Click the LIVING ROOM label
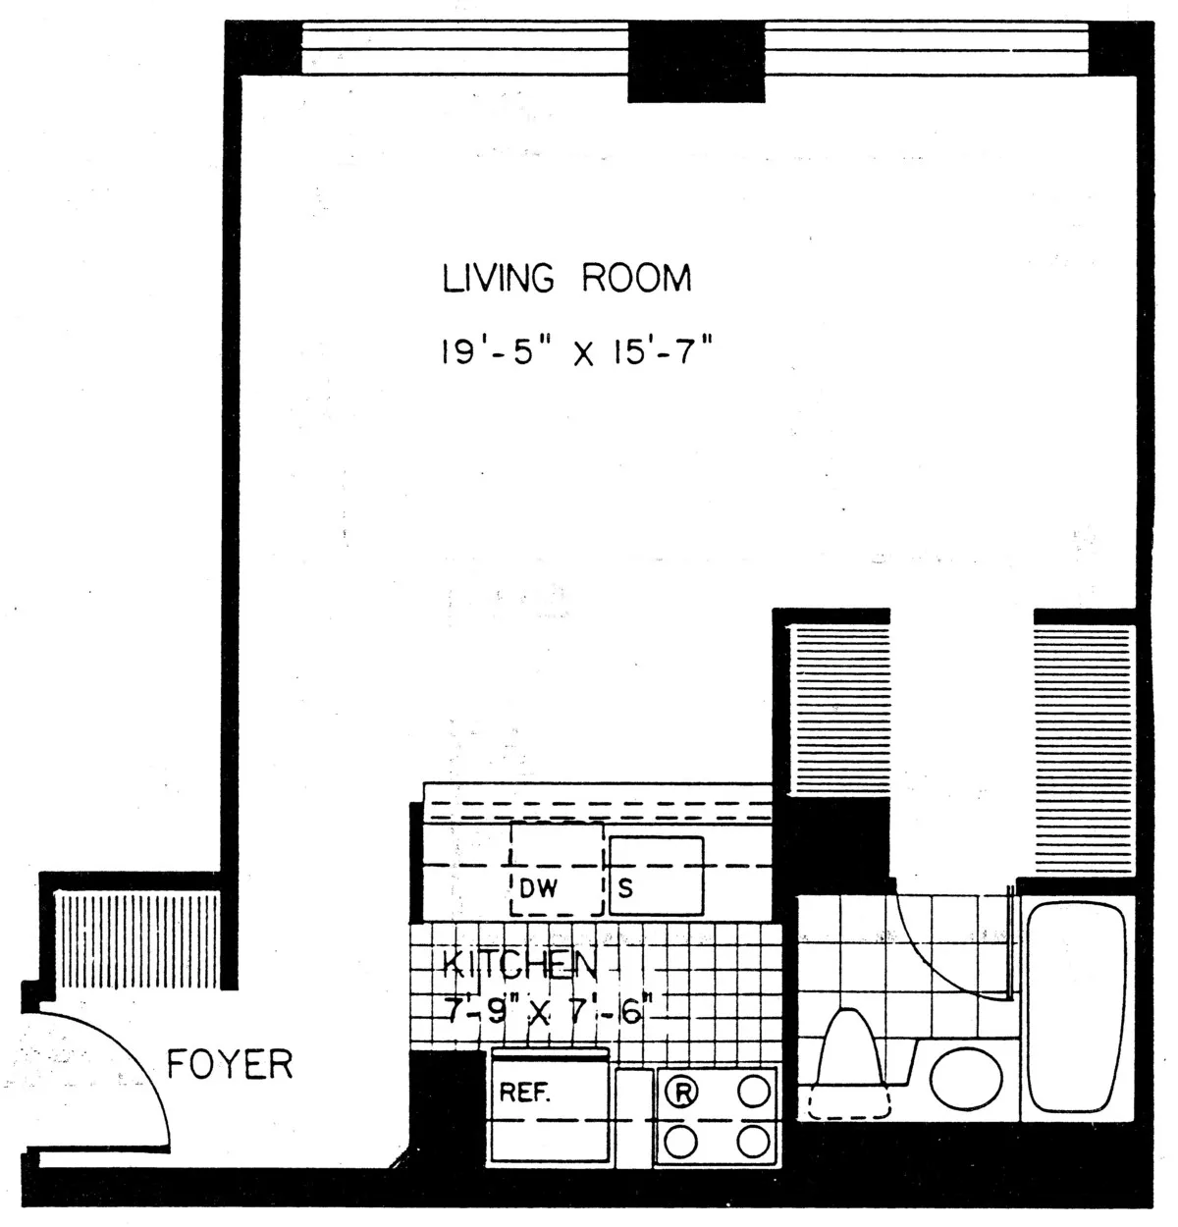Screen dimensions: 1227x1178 click(x=566, y=278)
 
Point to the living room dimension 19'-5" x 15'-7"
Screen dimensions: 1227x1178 click(x=574, y=350)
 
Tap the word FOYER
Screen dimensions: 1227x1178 click(x=230, y=1064)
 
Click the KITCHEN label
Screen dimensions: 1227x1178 click(x=519, y=964)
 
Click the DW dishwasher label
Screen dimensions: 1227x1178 click(x=538, y=889)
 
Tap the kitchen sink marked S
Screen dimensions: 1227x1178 click(x=656, y=874)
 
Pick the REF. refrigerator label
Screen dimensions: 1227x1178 click(x=525, y=1093)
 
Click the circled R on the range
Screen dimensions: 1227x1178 click(x=683, y=1091)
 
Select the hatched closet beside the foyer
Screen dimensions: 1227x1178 click(x=136, y=939)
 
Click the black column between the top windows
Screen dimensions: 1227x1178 click(x=695, y=61)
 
